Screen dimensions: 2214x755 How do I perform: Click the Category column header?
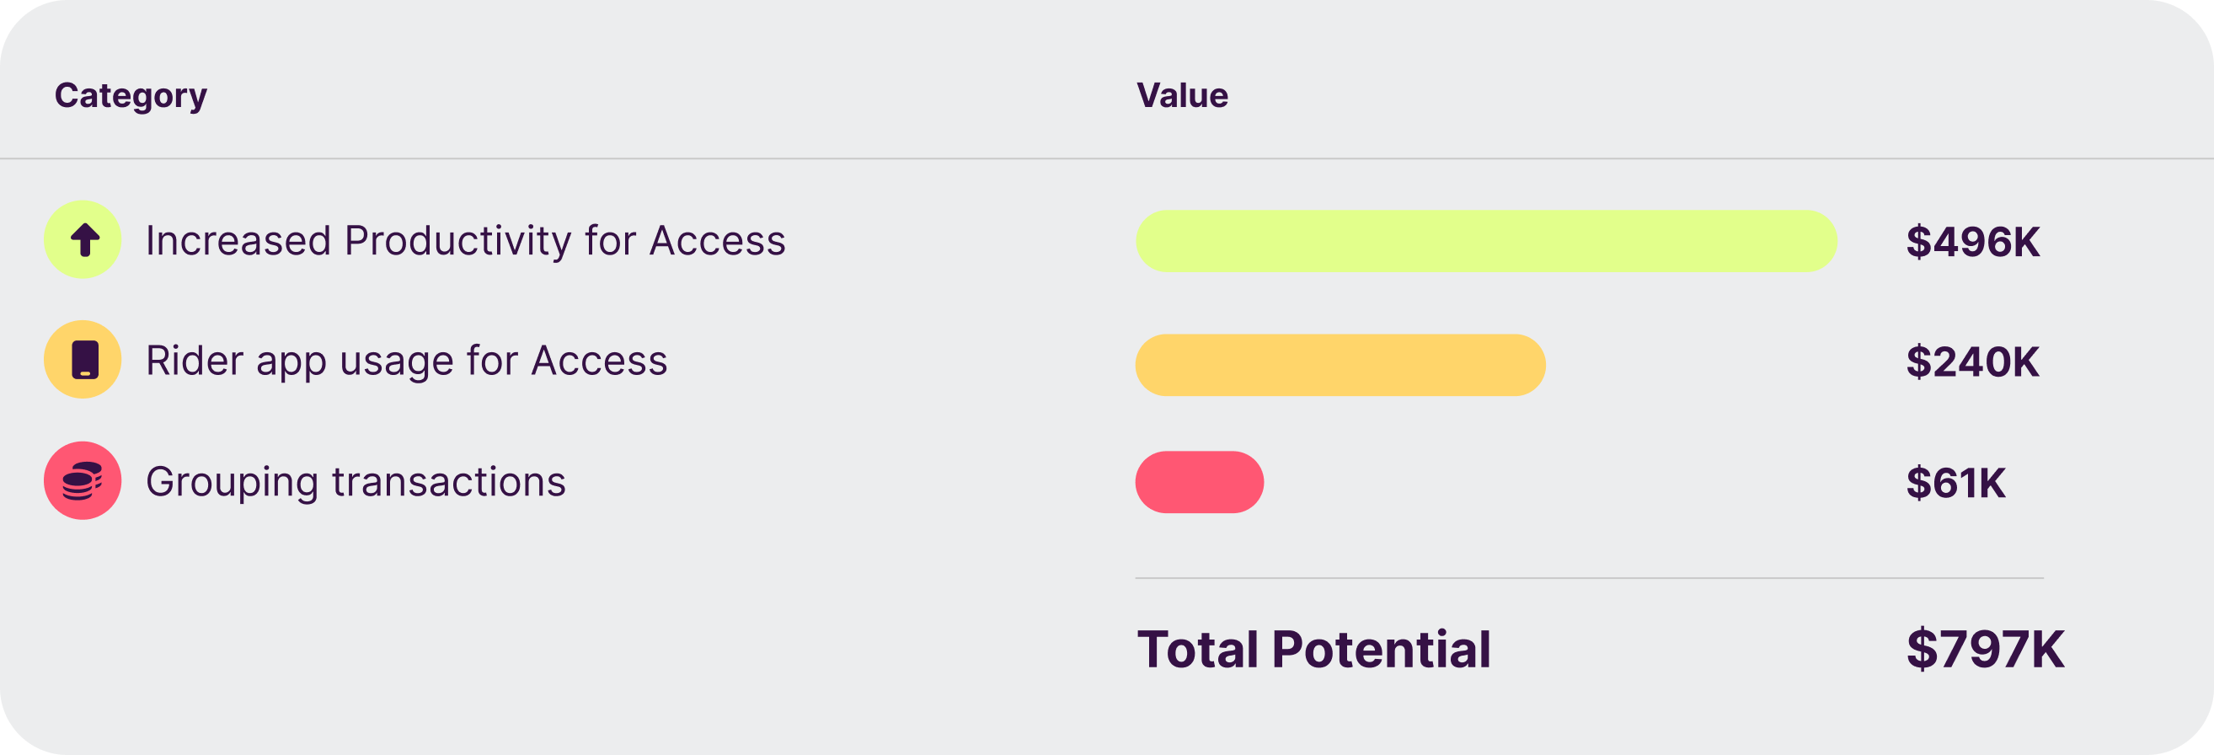pos(131,96)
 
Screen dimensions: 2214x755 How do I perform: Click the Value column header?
pos(1182,95)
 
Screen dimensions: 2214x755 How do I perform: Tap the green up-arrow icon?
pos(83,239)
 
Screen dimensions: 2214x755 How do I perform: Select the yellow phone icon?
pos(83,360)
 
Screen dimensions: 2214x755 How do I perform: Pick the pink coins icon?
pos(83,480)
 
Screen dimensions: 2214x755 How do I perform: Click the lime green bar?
pos(1486,242)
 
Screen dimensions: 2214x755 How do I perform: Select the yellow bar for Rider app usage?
pos(1340,366)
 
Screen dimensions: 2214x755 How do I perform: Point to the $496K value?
pos(1972,243)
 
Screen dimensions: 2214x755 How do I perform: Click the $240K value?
pos(1972,362)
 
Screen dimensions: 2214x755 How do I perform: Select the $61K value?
pos(1955,484)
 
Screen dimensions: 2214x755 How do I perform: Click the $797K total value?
pos(1986,649)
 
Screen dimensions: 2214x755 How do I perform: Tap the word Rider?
pos(195,361)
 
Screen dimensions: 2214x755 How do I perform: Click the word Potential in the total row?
pos(1381,649)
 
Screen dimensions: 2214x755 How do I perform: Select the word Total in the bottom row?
pos(1198,649)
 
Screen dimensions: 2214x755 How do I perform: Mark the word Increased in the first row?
pos(238,241)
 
